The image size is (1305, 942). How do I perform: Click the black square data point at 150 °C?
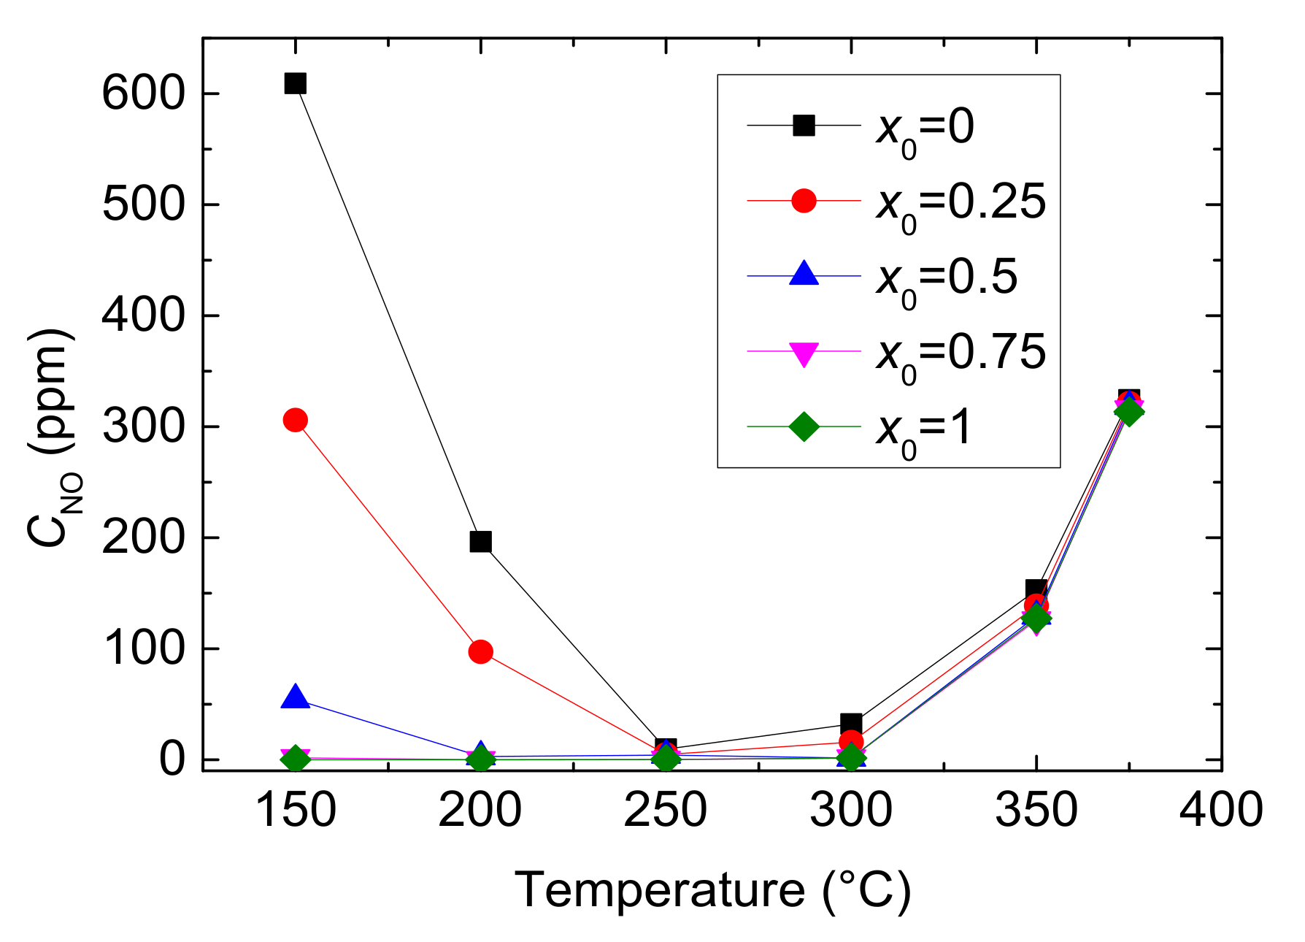pyautogui.click(x=295, y=83)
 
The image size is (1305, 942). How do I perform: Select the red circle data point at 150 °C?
pyautogui.click(x=295, y=420)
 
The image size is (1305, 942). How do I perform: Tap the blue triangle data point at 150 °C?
pyautogui.click(x=295, y=697)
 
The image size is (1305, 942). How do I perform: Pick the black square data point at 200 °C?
pyautogui.click(x=480, y=542)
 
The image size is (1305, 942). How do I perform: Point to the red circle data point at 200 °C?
pyautogui.click(x=480, y=651)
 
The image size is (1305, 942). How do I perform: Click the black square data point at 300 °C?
pyautogui.click(x=851, y=724)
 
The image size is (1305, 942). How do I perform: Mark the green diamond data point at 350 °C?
pyautogui.click(x=1036, y=619)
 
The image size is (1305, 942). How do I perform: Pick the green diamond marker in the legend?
pyautogui.click(x=804, y=426)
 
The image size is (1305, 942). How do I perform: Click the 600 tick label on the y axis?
pyautogui.click(x=142, y=93)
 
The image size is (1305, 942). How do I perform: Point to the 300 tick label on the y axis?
pyautogui.click(x=142, y=426)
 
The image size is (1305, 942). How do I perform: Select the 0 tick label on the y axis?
pyautogui.click(x=172, y=759)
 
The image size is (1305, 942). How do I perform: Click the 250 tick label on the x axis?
pyautogui.click(x=666, y=811)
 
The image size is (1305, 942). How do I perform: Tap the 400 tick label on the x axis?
pyautogui.click(x=1220, y=811)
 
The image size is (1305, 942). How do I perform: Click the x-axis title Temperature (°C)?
pyautogui.click(x=713, y=890)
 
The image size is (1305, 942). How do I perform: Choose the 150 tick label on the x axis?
pyautogui.click(x=295, y=811)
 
